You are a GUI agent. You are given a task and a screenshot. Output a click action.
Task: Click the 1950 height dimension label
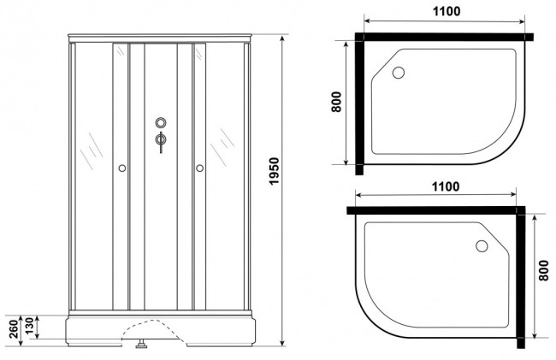click(x=274, y=171)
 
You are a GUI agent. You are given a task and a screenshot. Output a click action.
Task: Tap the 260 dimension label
click(x=13, y=329)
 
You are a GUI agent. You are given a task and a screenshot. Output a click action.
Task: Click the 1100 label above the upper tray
click(x=447, y=11)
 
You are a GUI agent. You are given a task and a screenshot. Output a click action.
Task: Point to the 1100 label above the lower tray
click(x=446, y=186)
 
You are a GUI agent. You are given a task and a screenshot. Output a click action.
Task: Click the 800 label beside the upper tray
click(x=336, y=102)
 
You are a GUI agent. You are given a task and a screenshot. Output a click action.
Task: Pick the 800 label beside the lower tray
click(x=543, y=270)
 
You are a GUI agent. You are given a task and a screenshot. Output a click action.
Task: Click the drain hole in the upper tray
click(x=399, y=73)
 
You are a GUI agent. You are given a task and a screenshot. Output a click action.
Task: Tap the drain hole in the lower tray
click(x=482, y=246)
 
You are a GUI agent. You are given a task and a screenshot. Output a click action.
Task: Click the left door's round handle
click(x=122, y=168)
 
